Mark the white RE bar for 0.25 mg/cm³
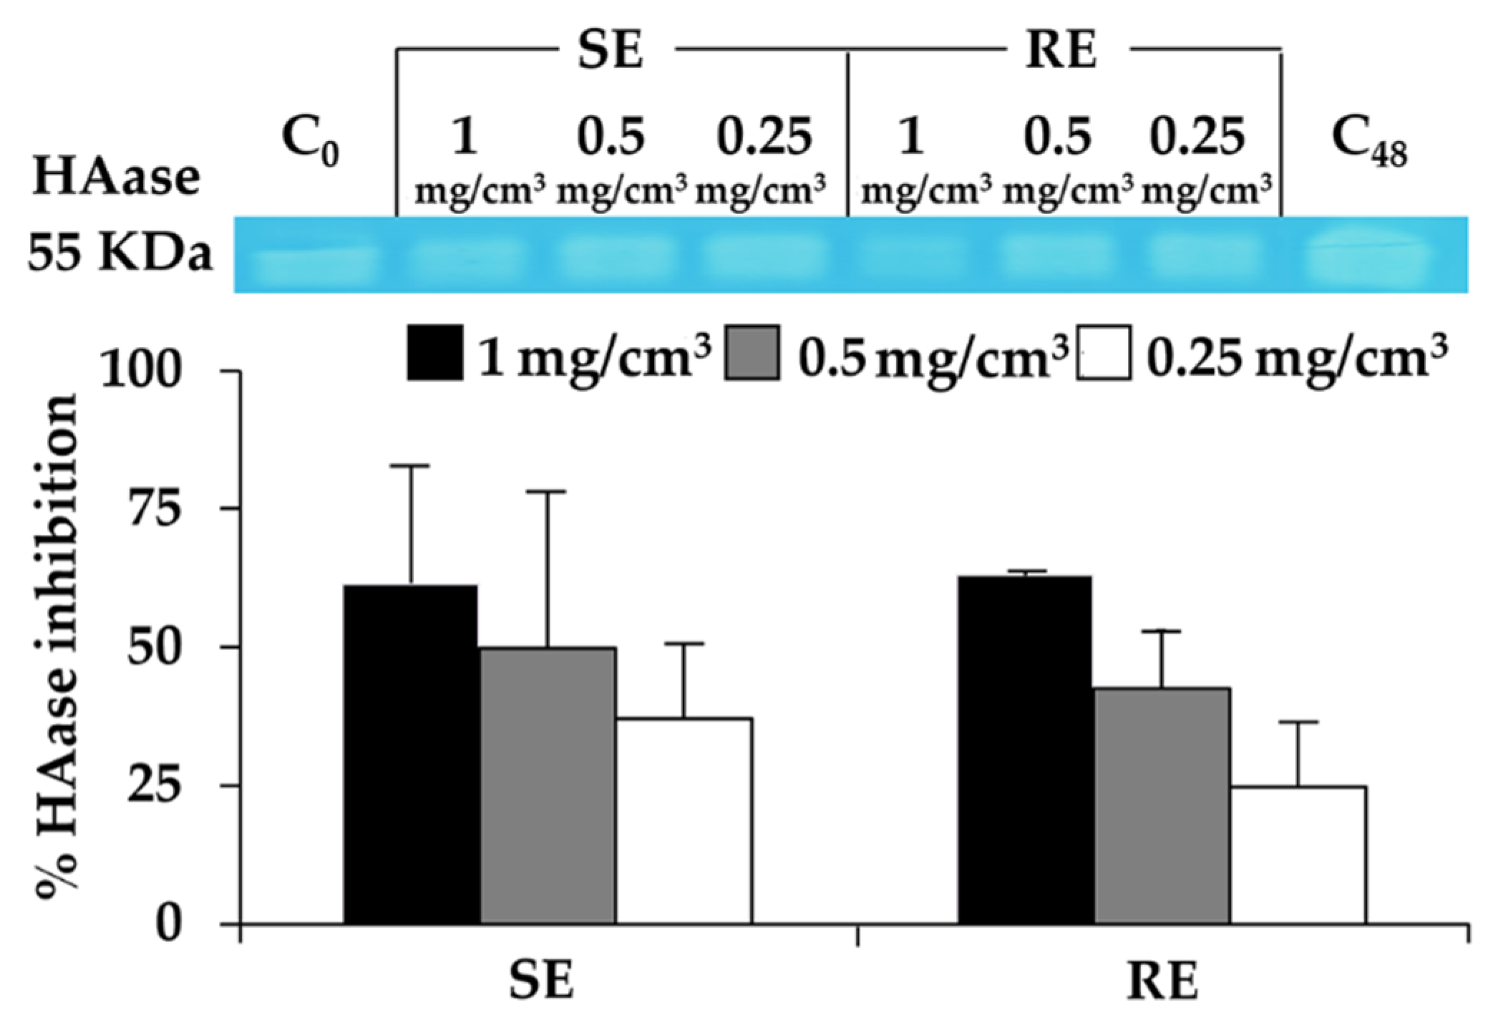(x=1298, y=855)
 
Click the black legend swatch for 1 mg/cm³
(x=434, y=352)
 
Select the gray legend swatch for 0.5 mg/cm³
(x=752, y=352)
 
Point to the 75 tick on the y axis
(x=152, y=509)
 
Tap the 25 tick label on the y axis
(x=152, y=786)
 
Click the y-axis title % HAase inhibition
(x=57, y=641)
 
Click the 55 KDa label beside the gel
(x=120, y=254)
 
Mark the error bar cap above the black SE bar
(x=411, y=466)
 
